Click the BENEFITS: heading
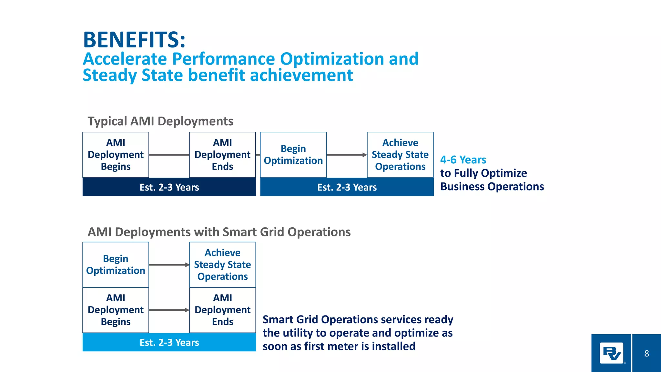pyautogui.click(x=134, y=40)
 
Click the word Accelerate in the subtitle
pyautogui.click(x=125, y=59)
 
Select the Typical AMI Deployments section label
pyautogui.click(x=160, y=121)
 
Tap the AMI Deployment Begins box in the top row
pyautogui.click(x=116, y=155)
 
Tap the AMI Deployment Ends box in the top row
pyautogui.click(x=222, y=155)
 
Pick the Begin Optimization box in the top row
pyautogui.click(x=293, y=155)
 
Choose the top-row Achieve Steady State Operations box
pyautogui.click(x=400, y=155)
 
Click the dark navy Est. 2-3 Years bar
pyautogui.click(x=169, y=187)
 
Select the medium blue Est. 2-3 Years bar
pyautogui.click(x=347, y=187)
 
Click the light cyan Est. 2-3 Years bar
pyautogui.click(x=169, y=343)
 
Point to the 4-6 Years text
pyautogui.click(x=463, y=160)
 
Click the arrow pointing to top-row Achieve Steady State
pyautogui.click(x=347, y=155)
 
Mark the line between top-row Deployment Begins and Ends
pyautogui.click(x=169, y=155)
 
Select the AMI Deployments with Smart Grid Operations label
pyautogui.click(x=219, y=232)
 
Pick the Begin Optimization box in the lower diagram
pyautogui.click(x=116, y=265)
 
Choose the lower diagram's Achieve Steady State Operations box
pyautogui.click(x=222, y=265)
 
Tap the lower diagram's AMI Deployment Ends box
pyautogui.click(x=222, y=310)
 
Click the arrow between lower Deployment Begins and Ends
pyautogui.click(x=169, y=310)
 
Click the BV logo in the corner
pyautogui.click(x=611, y=353)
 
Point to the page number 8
pyautogui.click(x=646, y=354)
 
